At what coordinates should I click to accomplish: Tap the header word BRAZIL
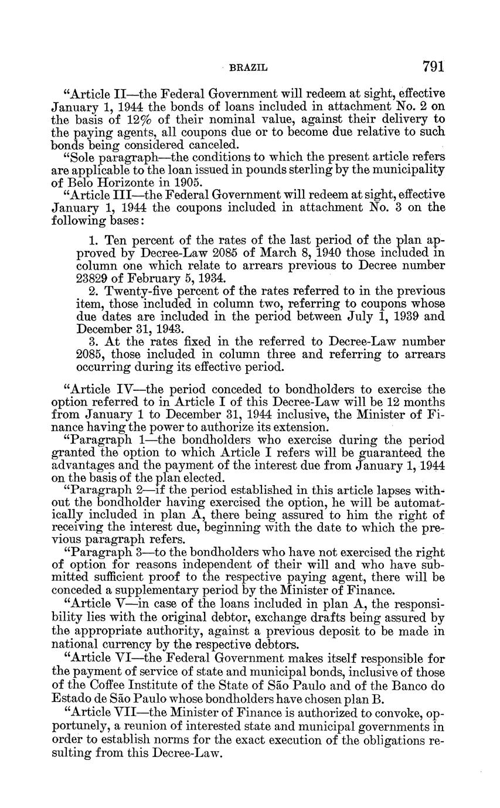tap(247, 68)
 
